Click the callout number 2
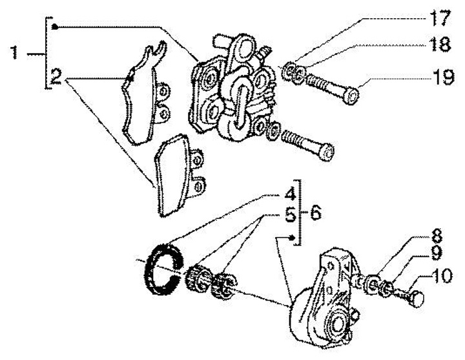point(56,79)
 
